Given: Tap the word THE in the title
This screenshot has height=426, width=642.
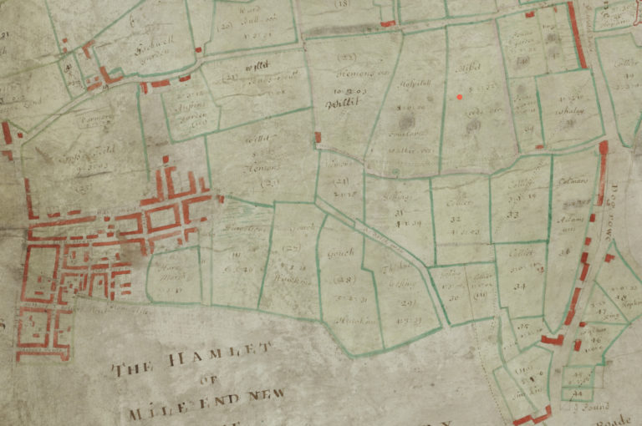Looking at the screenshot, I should tap(135, 368).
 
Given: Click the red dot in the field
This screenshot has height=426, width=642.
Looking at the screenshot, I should tap(460, 97).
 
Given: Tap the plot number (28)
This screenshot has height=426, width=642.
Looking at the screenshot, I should tap(345, 279).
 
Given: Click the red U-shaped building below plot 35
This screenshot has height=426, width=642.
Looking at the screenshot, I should tap(551, 339).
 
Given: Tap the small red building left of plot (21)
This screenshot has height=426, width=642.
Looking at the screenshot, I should tap(317, 137).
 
